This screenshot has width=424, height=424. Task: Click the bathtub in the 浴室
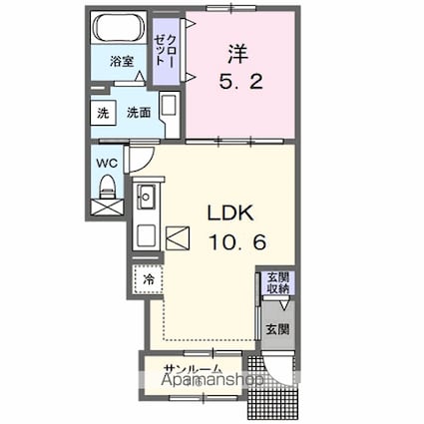click(120, 28)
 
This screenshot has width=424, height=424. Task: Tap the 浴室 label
click(121, 62)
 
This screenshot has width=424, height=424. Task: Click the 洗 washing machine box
click(101, 113)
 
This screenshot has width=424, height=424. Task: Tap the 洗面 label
click(139, 113)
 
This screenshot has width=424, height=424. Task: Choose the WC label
click(106, 159)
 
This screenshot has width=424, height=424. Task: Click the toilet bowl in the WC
click(106, 185)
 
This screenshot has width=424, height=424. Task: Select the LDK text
click(230, 212)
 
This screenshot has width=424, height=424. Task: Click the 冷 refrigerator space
click(148, 279)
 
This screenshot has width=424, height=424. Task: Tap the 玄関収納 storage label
click(276, 282)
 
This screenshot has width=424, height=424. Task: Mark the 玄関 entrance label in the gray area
click(276, 328)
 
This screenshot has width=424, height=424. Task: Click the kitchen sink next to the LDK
click(147, 197)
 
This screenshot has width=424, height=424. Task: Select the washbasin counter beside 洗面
click(170, 112)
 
